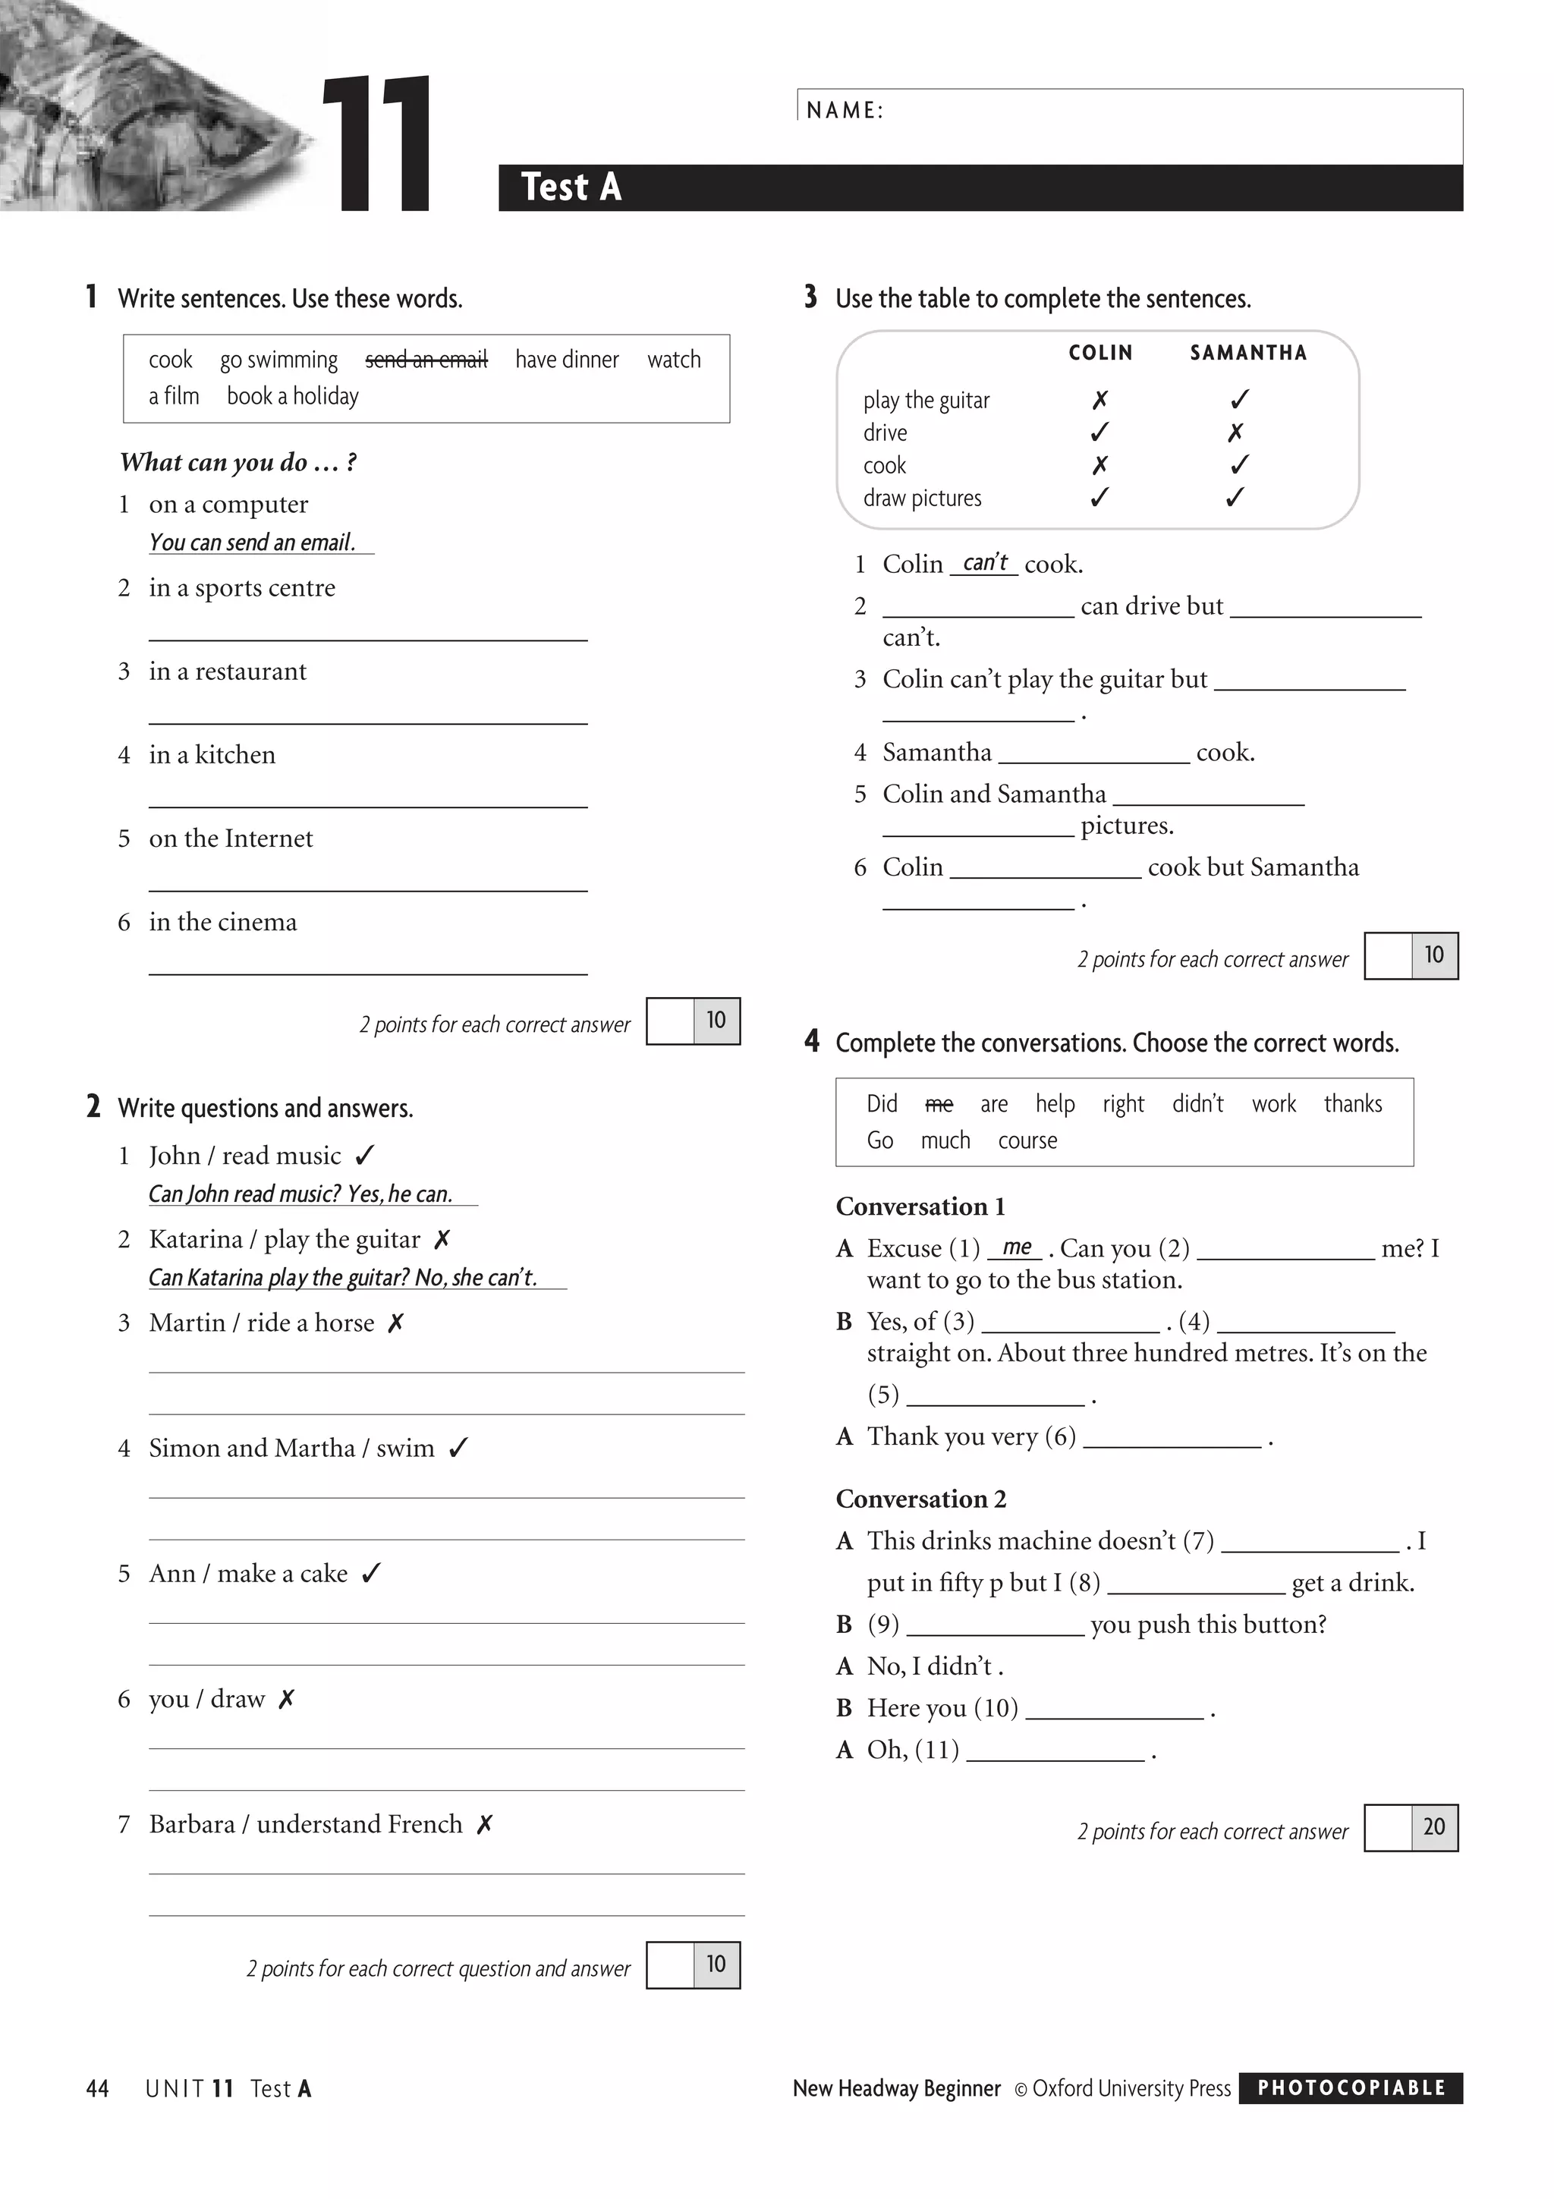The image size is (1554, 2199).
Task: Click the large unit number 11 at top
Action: point(376,143)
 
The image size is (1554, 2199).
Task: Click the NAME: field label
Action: point(845,110)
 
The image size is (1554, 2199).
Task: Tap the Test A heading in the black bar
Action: point(571,187)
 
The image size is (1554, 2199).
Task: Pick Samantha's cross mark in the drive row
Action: point(1235,433)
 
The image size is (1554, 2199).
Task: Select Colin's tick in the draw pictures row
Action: point(1099,497)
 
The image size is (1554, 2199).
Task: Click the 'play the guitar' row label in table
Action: point(926,401)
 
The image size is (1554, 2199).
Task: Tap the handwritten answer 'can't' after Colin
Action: point(984,562)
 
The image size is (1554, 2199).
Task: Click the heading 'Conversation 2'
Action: point(920,1499)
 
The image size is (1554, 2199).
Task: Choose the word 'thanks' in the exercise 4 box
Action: point(1352,1103)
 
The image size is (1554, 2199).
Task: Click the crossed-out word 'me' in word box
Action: point(939,1104)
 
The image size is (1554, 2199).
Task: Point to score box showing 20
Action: point(1433,1826)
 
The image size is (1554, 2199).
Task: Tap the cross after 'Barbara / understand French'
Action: point(485,1824)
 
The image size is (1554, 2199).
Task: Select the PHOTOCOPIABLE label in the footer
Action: point(1350,2088)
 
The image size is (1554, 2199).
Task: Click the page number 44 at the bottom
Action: point(98,2089)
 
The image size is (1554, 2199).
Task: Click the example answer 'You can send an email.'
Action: point(252,542)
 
